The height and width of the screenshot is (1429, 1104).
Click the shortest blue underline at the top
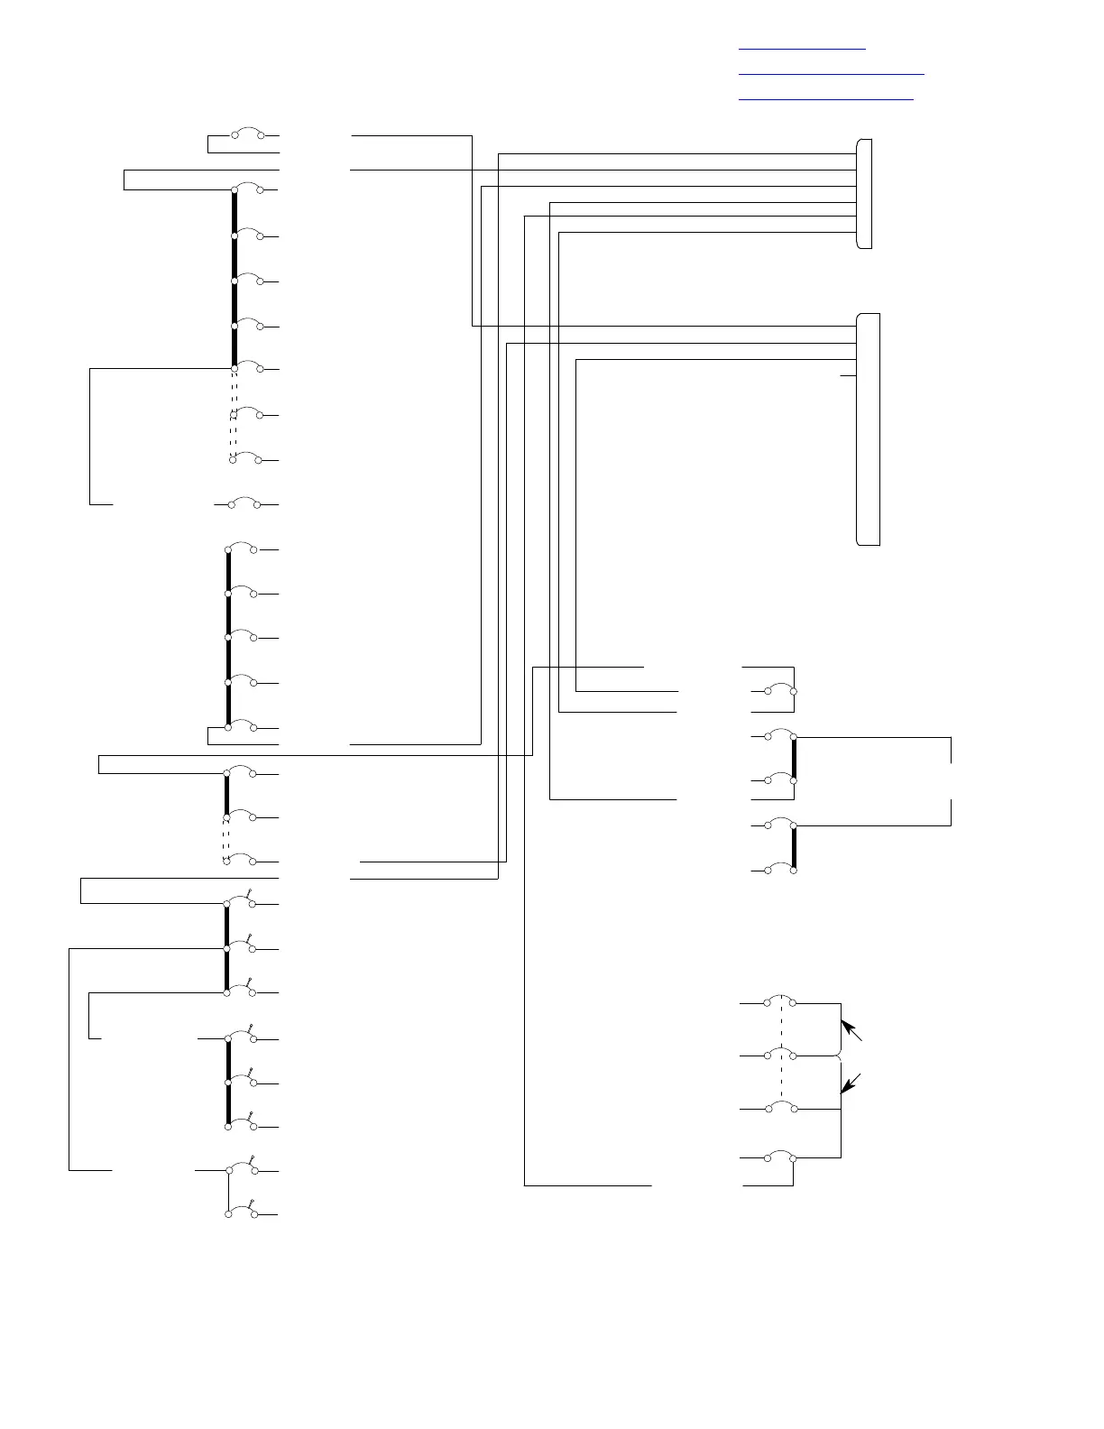pyautogui.click(x=802, y=48)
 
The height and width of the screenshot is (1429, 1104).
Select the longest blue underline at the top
pyautogui.click(x=832, y=73)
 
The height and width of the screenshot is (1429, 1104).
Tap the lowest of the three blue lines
pyautogui.click(x=826, y=98)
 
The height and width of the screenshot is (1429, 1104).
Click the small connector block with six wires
pyautogui.click(x=864, y=194)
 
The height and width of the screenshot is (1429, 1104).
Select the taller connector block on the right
pyautogui.click(x=868, y=429)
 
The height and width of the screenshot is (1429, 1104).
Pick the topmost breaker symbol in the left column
pyautogui.click(x=247, y=134)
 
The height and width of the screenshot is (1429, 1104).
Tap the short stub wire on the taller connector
pyautogui.click(x=848, y=375)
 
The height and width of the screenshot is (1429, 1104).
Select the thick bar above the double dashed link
pyautogui.click(x=235, y=279)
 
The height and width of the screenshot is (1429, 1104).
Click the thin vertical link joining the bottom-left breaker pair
pyautogui.click(x=228, y=1192)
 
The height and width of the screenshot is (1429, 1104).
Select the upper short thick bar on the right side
pyautogui.click(x=794, y=758)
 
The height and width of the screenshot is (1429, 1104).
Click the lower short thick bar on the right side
pyautogui.click(x=794, y=847)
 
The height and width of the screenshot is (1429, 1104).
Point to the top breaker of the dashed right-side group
pyautogui.click(x=780, y=1000)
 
